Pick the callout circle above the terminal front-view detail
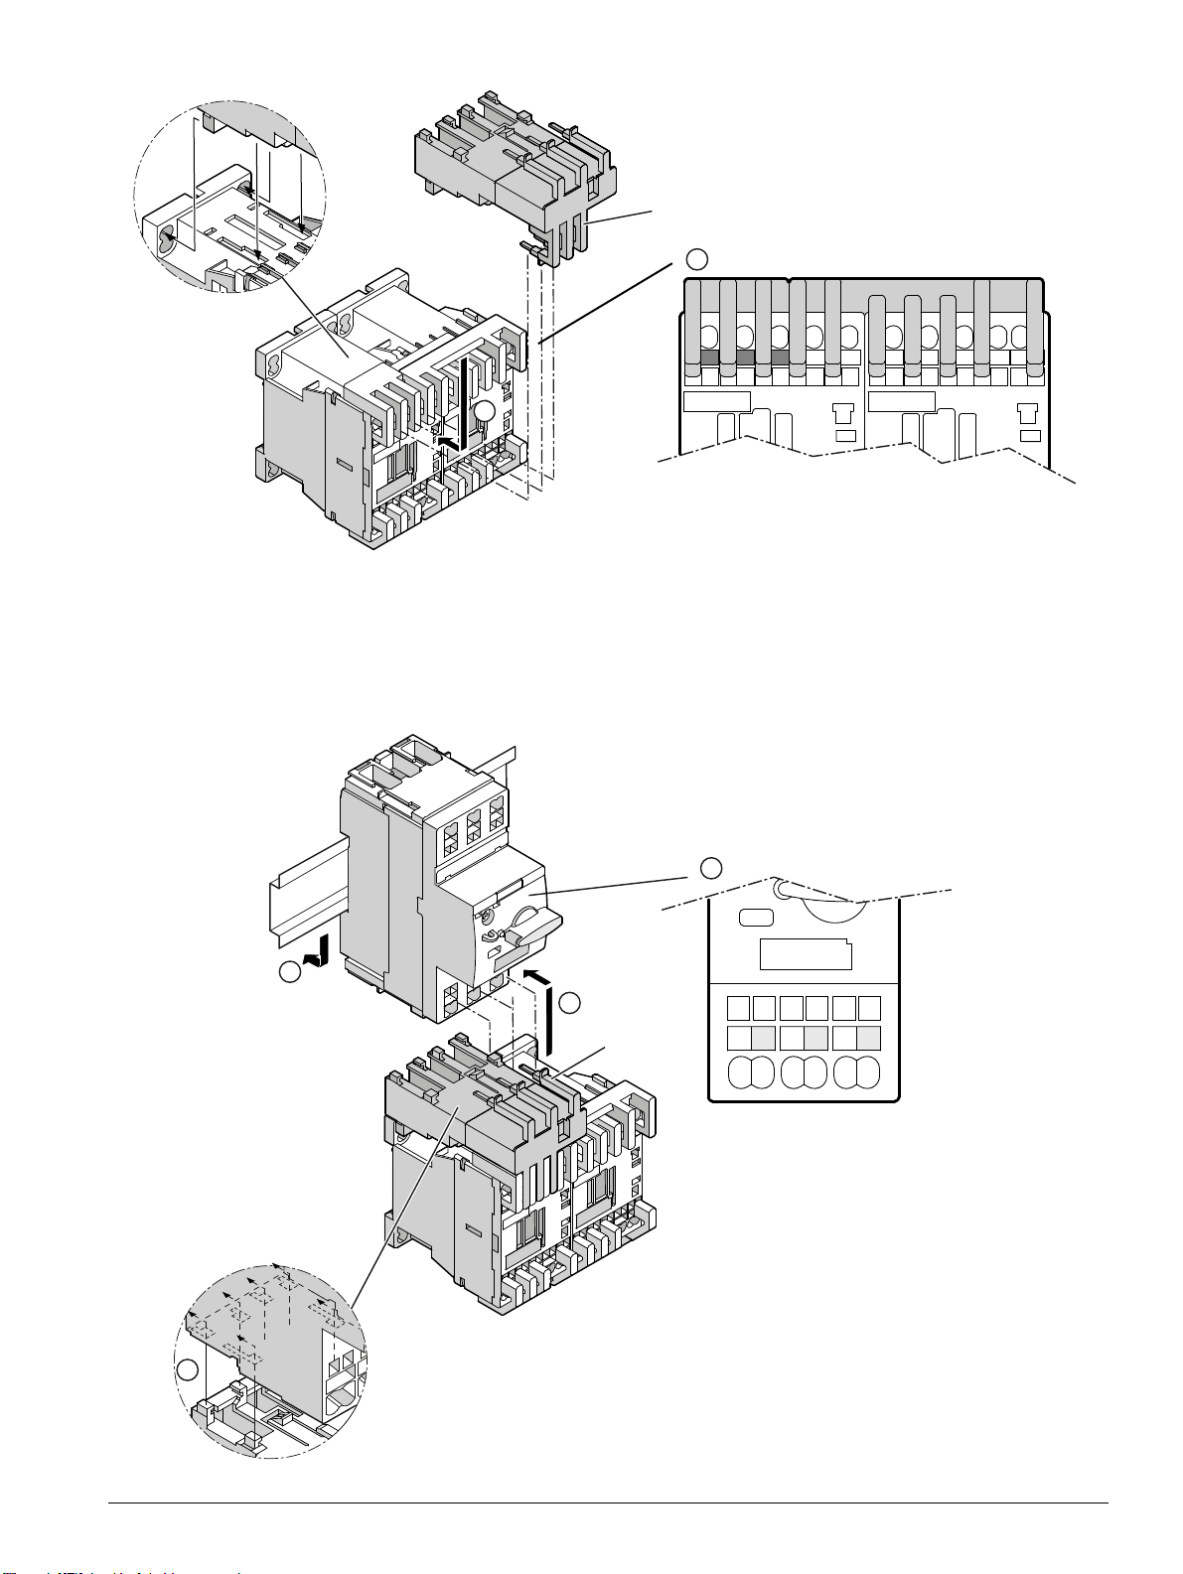(x=697, y=260)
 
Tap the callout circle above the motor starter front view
(x=711, y=868)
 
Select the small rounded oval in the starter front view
(x=757, y=918)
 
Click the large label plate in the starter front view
(x=806, y=954)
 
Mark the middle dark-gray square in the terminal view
(x=745, y=358)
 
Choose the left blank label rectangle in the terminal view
(x=716, y=401)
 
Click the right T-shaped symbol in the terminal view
(x=1030, y=412)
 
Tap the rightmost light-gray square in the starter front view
(x=869, y=1039)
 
